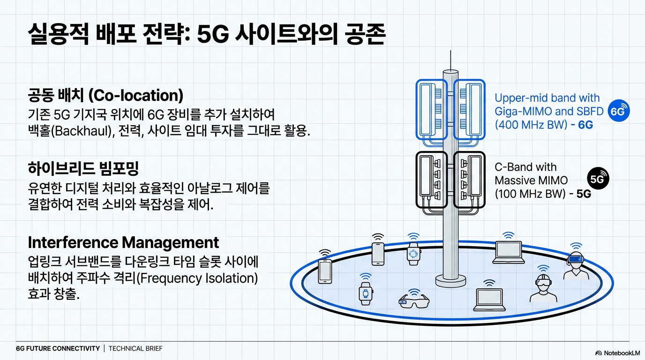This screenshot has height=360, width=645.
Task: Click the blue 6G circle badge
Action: click(x=619, y=112)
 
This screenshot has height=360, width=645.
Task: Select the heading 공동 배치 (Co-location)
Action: click(x=105, y=96)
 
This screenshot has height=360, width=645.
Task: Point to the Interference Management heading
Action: click(x=123, y=242)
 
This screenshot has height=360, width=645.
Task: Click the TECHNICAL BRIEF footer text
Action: click(x=135, y=348)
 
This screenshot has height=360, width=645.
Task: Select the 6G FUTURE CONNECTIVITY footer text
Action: click(x=58, y=348)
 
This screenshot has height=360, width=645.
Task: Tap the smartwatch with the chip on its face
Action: click(x=413, y=254)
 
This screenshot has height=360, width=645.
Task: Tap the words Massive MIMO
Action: click(x=531, y=180)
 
